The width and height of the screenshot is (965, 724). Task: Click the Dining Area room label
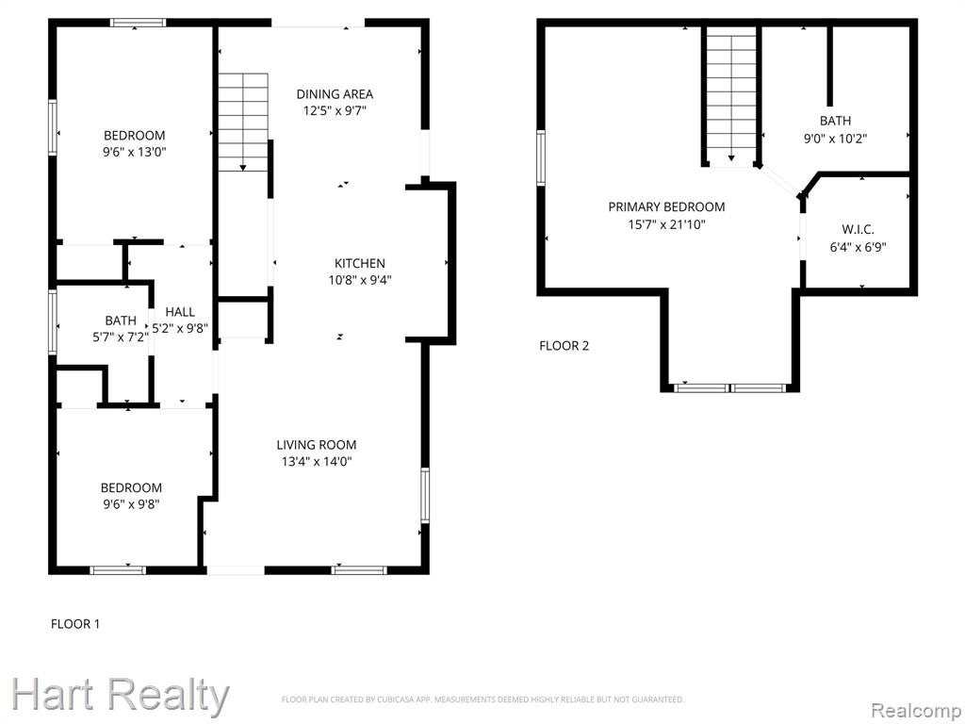(335, 94)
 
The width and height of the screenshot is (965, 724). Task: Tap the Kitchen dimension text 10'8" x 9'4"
(360, 280)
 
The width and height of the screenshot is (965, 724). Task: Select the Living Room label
(317, 445)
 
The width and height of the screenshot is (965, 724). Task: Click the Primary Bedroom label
(666, 206)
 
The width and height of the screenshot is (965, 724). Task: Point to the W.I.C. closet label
(858, 230)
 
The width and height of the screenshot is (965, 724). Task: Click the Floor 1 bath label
(121, 321)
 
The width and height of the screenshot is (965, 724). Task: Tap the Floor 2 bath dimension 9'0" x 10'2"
(835, 138)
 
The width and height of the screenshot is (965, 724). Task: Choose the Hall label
(180, 311)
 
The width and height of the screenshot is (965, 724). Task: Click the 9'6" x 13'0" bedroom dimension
(135, 152)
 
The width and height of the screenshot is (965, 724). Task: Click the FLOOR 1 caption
(75, 624)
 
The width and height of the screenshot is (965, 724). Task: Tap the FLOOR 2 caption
(564, 345)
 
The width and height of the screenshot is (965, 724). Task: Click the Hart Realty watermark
(120, 697)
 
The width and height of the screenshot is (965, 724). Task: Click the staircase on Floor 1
(244, 122)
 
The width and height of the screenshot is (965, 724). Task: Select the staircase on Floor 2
(731, 97)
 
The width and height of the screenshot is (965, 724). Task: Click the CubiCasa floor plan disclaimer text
(482, 699)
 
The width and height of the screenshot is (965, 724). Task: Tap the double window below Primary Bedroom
(730, 387)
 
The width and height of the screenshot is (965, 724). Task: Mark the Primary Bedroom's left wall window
(541, 157)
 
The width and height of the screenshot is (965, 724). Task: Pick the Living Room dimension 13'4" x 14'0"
(317, 462)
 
